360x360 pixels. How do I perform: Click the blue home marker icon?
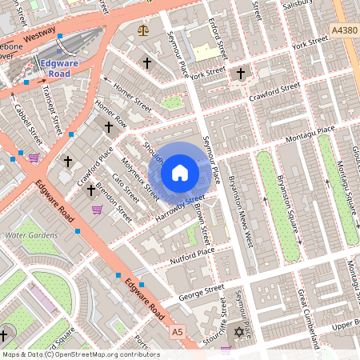180,173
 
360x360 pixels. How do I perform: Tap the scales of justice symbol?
143,30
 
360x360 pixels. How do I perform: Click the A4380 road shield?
342,30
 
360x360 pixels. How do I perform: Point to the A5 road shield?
178,332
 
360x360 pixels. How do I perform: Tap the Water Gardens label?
31,235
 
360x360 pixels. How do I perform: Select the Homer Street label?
131,93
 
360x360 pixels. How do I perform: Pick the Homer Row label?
110,114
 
